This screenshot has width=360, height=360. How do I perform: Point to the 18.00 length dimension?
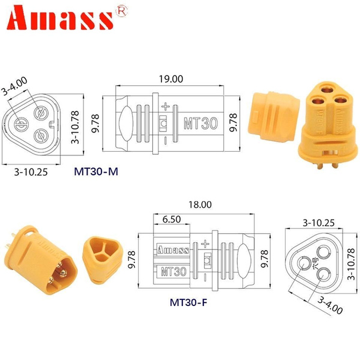coord(200,205)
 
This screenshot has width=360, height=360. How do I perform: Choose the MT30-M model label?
coord(96,172)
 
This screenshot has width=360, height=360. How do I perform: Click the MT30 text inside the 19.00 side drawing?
coord(196,122)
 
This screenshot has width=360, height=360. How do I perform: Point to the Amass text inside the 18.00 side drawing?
coord(173,249)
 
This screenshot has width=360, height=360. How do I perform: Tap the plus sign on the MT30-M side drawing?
coord(166,106)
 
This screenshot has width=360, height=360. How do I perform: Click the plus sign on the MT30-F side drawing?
coord(205,243)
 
